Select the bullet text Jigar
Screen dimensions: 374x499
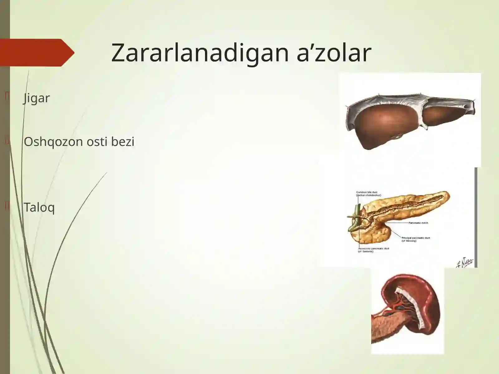tap(37, 98)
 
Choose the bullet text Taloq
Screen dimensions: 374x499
tap(39, 207)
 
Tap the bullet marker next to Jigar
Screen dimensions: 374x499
tap(7, 97)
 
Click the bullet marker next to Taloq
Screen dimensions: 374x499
tap(7, 206)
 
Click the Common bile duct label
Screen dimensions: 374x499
tap(368, 194)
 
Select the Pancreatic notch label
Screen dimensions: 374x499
tap(418, 223)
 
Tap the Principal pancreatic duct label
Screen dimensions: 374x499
tap(415, 239)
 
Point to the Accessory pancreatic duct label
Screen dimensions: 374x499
tap(374, 250)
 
